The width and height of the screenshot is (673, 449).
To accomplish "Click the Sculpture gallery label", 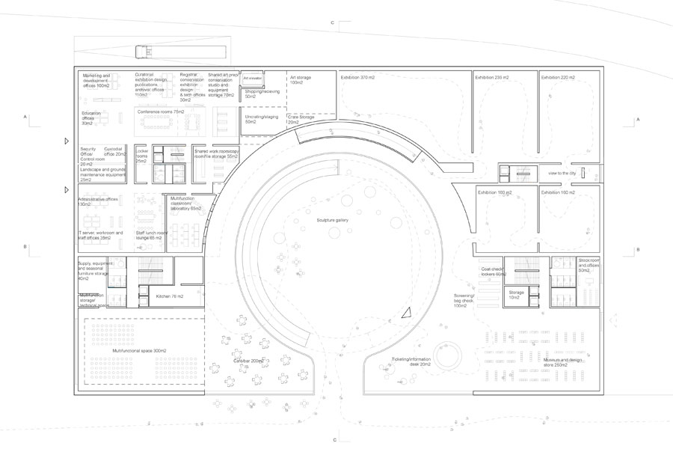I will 333,220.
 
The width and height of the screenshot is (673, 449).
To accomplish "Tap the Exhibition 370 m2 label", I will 357,77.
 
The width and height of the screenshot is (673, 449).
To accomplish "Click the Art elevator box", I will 252,78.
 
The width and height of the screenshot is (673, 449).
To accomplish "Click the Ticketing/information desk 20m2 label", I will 411,362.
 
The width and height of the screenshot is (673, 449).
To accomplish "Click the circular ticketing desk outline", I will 449,358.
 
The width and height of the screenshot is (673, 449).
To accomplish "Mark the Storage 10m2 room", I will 517,295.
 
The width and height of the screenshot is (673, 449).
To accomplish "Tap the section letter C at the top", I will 332,23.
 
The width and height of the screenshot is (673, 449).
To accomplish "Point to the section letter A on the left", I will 25,117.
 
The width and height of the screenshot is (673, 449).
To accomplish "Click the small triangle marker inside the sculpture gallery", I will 406,314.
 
